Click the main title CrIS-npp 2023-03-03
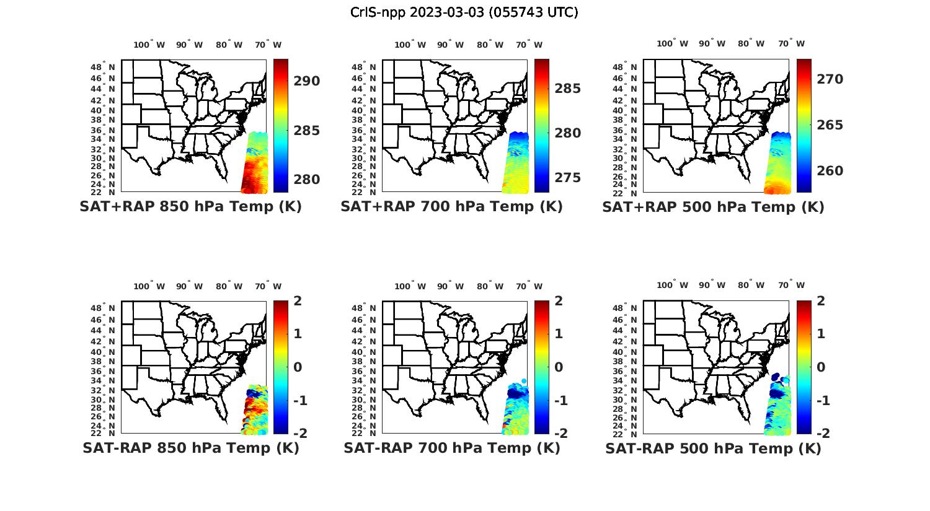click(x=464, y=12)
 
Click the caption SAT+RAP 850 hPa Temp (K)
click(x=190, y=207)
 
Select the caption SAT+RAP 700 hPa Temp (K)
click(x=451, y=207)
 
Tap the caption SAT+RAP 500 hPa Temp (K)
click(x=713, y=207)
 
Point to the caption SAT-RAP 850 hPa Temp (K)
click(x=190, y=448)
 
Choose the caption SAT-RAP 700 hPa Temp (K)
click(x=451, y=448)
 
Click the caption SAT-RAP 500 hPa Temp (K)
click(x=713, y=448)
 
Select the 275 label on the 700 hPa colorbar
click(x=567, y=178)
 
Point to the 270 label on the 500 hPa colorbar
click(x=830, y=79)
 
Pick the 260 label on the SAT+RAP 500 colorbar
click(x=830, y=171)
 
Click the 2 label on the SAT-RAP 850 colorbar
click(x=298, y=301)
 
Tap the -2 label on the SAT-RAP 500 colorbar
click(x=818, y=433)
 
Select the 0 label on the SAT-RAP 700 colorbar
click(x=559, y=367)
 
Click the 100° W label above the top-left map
click(x=149, y=45)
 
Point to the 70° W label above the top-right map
click(x=792, y=43)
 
